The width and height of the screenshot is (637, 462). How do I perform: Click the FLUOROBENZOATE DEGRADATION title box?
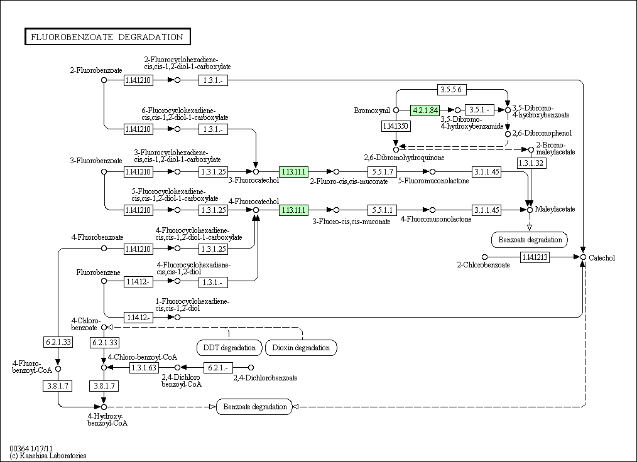[x=107, y=37]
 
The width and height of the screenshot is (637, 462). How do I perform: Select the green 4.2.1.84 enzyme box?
[x=425, y=110]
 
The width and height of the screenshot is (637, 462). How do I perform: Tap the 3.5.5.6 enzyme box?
[x=452, y=90]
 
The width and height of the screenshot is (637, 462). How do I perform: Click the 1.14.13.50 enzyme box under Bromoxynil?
[x=396, y=126]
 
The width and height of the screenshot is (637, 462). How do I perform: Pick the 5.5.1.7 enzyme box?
[x=382, y=171]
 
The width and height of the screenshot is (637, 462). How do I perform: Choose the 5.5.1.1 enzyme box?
[x=382, y=210]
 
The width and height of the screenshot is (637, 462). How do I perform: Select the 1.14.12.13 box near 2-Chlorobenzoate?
[x=535, y=257]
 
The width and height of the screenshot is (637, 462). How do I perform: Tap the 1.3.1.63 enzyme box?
[x=144, y=367]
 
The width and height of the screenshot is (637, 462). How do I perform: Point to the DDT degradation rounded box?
[x=229, y=347]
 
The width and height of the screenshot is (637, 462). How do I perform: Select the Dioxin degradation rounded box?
[x=301, y=347]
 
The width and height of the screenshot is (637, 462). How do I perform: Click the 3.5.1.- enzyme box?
[x=479, y=110]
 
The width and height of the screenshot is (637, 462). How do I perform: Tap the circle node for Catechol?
[x=583, y=257]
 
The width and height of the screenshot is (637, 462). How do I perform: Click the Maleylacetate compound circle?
[x=530, y=210]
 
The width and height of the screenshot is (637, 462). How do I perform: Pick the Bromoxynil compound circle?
[x=396, y=110]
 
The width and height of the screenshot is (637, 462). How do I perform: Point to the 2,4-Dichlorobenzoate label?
[x=265, y=378]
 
